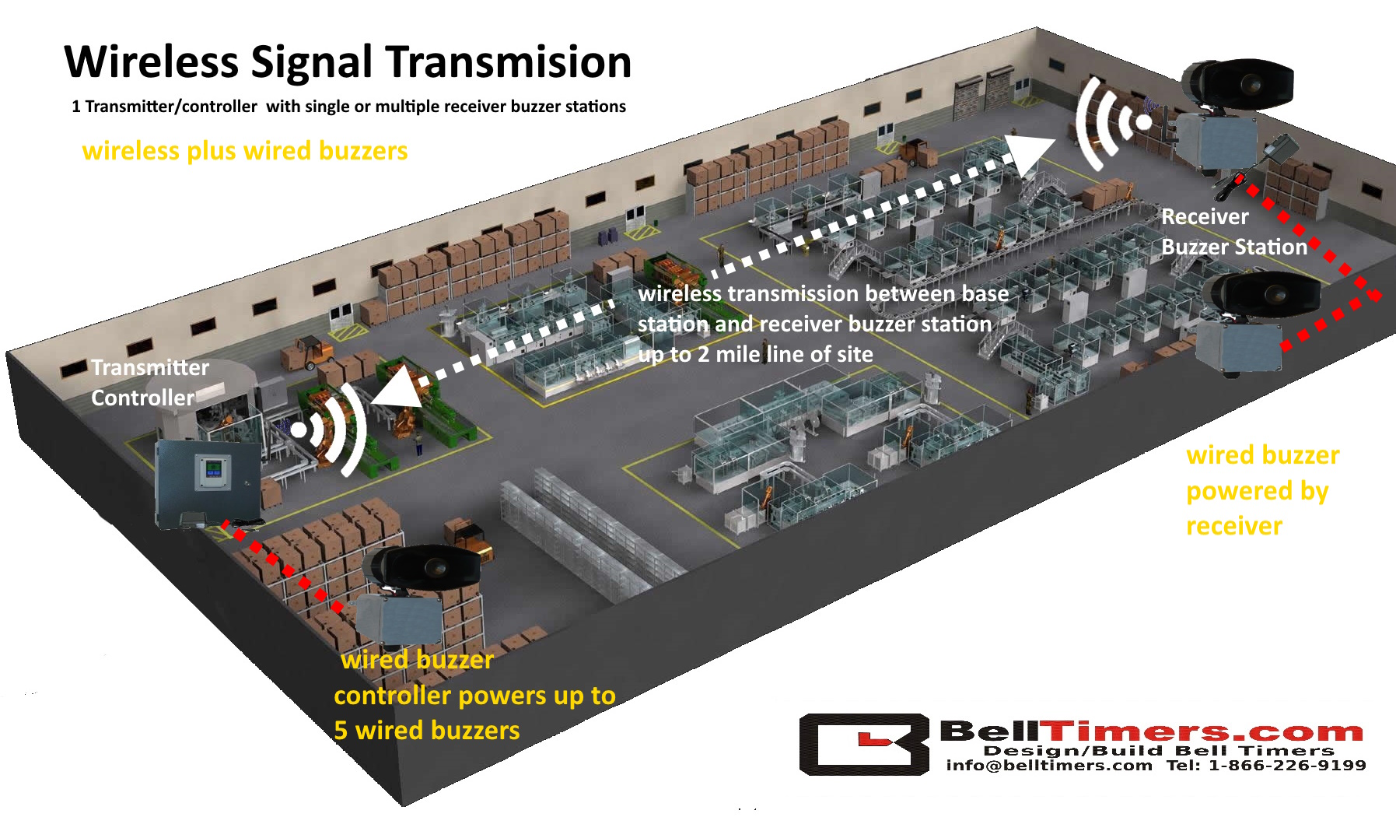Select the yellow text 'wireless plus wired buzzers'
245,150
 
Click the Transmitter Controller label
150,382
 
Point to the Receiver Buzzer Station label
1234,232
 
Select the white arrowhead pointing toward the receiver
1030,153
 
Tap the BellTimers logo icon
864,744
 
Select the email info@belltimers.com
1049,766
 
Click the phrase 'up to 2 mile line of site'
755,355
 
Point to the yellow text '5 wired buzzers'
427,731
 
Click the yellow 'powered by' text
1258,492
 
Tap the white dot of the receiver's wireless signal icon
1144,122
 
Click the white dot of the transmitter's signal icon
299,430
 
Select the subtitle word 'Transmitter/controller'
171,107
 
